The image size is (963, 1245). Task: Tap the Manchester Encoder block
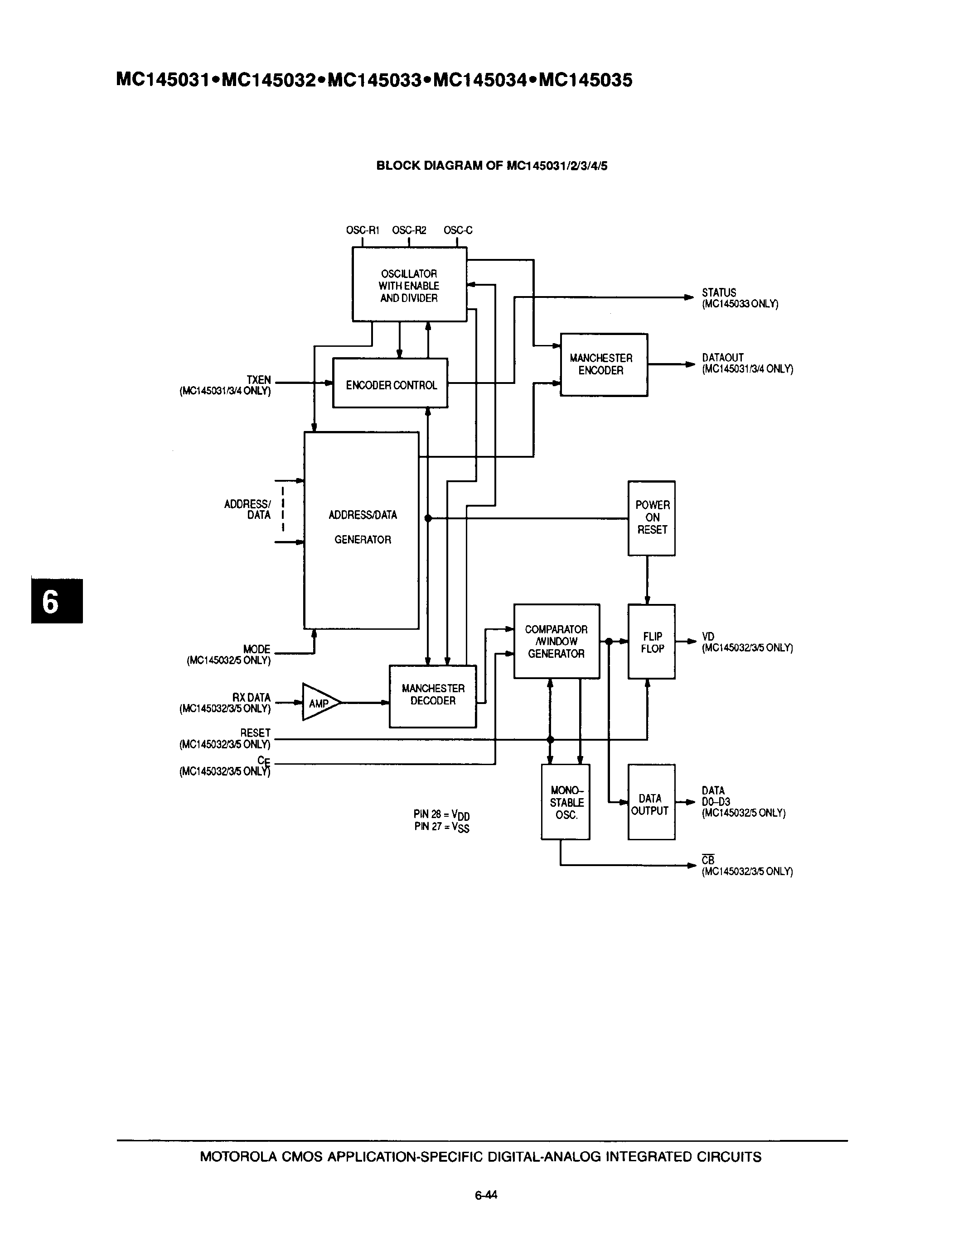[604, 364]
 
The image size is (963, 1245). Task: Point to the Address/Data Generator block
[362, 530]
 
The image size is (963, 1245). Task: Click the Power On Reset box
[652, 517]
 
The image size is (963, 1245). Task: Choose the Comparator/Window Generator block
[556, 642]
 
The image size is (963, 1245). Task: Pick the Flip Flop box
[652, 642]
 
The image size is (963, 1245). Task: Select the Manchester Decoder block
[432, 695]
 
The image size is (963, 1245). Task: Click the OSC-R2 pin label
[409, 230]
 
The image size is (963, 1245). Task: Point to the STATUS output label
[719, 292]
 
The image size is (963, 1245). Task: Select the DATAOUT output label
[722, 357]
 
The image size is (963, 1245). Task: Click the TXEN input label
[258, 380]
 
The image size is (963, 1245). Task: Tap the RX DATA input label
[251, 698]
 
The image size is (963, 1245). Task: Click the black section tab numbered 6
[57, 601]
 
